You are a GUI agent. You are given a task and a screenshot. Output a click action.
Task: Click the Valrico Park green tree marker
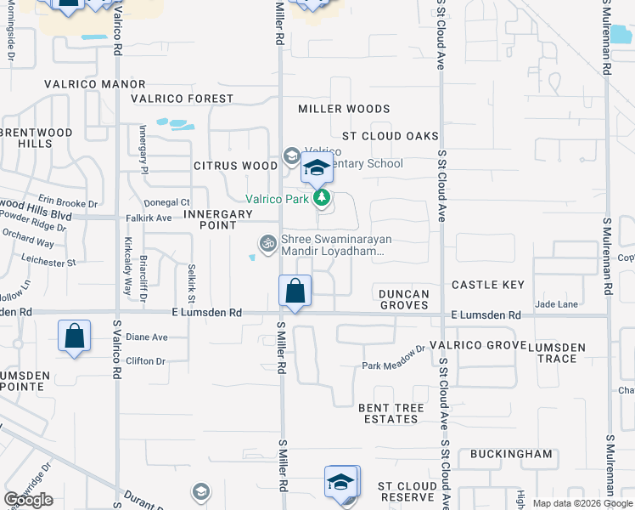[321, 199]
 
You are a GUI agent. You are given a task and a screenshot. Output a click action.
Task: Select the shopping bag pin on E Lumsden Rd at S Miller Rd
[295, 292]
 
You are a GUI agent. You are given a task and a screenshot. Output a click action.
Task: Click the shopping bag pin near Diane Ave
[75, 335]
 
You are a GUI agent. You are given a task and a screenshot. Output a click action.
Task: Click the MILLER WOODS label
[344, 109]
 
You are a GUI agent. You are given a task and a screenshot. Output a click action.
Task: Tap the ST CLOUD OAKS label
[390, 136]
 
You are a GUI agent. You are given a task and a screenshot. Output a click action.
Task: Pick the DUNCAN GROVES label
[404, 299]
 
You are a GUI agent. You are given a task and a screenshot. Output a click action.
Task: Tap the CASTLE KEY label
[488, 285]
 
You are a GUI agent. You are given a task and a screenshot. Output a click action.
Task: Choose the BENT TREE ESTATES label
[391, 414]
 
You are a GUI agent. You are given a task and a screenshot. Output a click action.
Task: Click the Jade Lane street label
[557, 303]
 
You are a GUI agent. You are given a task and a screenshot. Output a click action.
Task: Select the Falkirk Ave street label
[149, 218]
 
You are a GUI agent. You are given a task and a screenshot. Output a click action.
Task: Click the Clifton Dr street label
[145, 361]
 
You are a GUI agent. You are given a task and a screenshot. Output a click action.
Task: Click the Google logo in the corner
[28, 500]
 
